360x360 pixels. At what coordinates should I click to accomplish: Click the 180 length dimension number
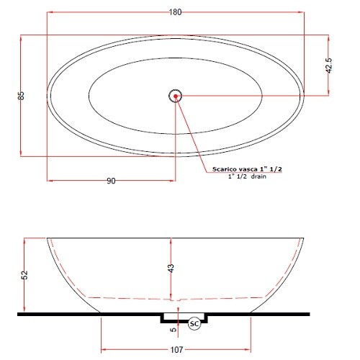175,12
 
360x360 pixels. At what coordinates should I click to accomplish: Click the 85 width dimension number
22,96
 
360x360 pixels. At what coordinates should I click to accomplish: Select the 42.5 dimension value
328,66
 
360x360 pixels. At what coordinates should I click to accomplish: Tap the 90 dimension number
111,181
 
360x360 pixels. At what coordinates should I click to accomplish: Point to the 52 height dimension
24,275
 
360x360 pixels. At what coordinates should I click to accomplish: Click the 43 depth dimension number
171,269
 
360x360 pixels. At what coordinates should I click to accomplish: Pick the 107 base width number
176,350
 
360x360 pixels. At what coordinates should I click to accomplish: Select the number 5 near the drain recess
173,330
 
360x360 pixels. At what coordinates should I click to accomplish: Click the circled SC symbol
194,324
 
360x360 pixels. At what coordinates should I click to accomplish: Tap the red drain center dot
176,96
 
